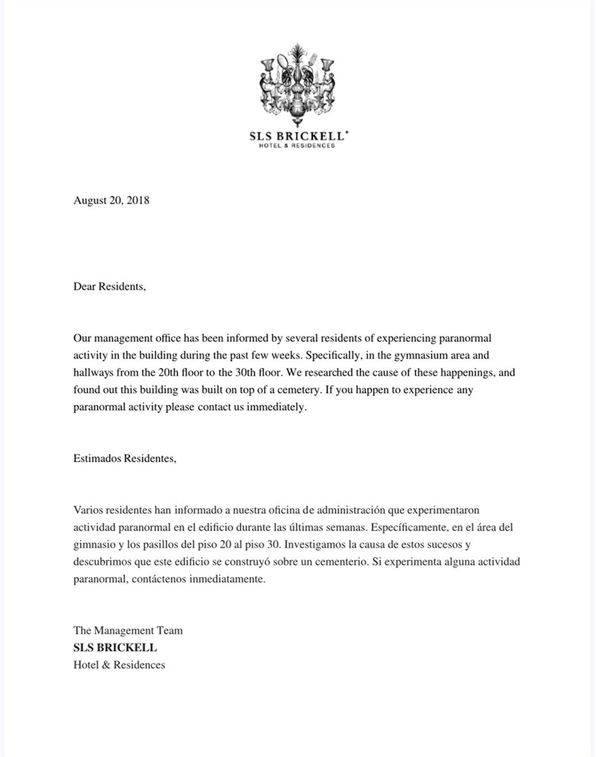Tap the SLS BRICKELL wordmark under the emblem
point(297,136)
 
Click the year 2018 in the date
point(138,201)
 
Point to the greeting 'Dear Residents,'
point(110,286)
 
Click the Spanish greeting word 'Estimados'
point(97,459)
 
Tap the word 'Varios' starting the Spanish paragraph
point(88,510)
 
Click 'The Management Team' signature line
point(128,631)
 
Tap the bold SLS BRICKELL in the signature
point(115,648)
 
